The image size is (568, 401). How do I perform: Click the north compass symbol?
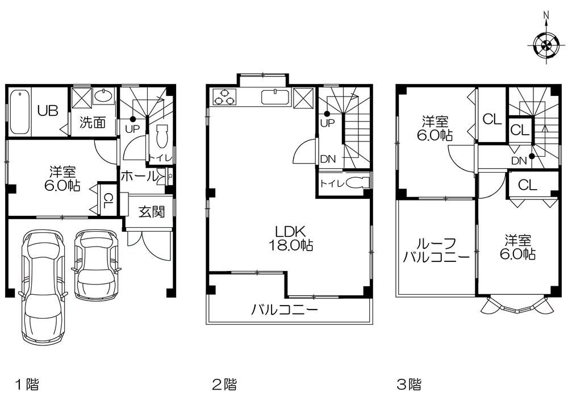pos(546,45)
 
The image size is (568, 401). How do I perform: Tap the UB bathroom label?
pos(48,111)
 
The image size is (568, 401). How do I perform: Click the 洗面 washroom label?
pos(93,123)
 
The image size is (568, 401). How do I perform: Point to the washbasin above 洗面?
pos(104,96)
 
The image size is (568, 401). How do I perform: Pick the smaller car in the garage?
pos(96,265)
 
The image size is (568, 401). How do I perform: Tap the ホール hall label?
pos(139,177)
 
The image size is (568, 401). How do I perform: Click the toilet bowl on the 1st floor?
pos(162,136)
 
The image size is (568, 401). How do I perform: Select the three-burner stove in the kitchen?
pos(224,97)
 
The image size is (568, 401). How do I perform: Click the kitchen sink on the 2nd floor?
pos(275,97)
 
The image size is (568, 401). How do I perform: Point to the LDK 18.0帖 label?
pos(290,238)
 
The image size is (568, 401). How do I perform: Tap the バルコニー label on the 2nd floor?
pos(285,310)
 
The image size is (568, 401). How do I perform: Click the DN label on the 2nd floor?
pos(328,158)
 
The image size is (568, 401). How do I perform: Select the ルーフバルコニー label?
pos(436,250)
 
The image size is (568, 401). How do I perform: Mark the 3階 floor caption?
pos(409,384)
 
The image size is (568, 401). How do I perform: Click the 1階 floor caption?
pos(27,384)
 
